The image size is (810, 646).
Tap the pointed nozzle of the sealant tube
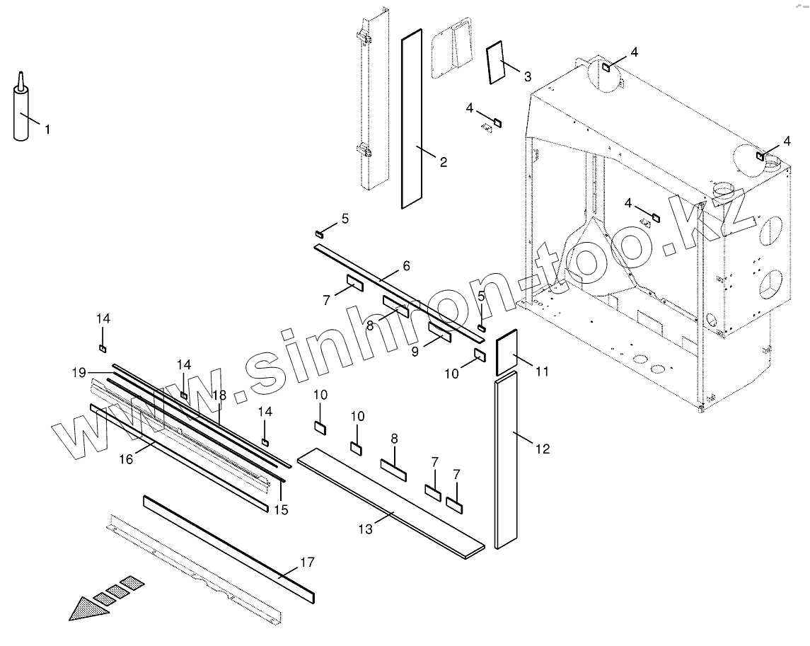click(x=21, y=77)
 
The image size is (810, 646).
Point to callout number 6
click(x=406, y=266)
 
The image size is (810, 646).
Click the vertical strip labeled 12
click(x=507, y=464)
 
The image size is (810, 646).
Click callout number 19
click(x=79, y=371)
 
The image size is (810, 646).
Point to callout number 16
click(x=125, y=460)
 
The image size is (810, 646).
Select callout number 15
click(x=281, y=509)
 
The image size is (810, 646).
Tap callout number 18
click(x=219, y=396)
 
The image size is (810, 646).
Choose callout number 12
click(x=543, y=449)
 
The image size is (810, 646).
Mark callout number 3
click(x=528, y=75)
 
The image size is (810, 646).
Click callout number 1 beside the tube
click(x=47, y=129)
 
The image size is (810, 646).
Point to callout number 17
click(x=307, y=563)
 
